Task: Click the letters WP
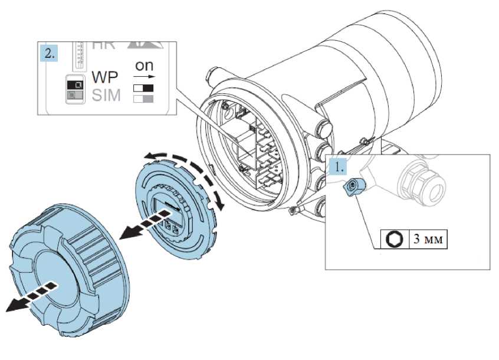pyautogui.click(x=105, y=78)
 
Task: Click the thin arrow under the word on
pyautogui.click(x=144, y=77)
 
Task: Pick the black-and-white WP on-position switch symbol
pyautogui.click(x=144, y=87)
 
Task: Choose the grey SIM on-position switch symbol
pyautogui.click(x=144, y=98)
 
